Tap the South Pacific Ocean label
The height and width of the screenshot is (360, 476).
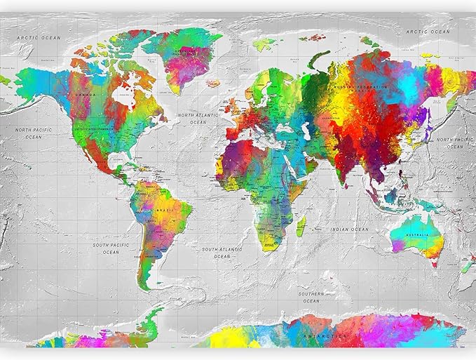point(111,248)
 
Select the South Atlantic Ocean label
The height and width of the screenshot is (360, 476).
point(222,253)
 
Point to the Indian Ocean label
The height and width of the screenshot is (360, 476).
point(350,229)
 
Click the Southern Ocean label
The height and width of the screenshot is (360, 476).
point(311,297)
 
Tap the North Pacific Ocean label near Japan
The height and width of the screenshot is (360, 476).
point(455,142)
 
